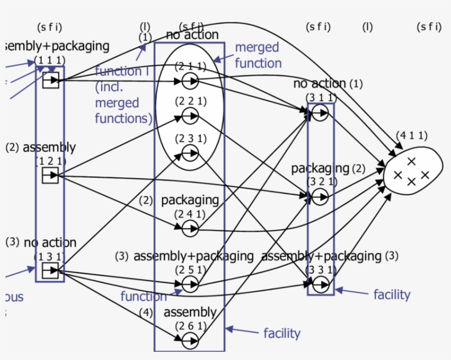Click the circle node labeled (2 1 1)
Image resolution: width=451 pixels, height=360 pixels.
pyautogui.click(x=190, y=81)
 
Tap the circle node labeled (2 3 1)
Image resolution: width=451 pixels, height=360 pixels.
pyautogui.click(x=190, y=154)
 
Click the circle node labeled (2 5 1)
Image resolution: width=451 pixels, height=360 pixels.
pyautogui.click(x=190, y=284)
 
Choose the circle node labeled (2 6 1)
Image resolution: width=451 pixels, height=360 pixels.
pyautogui.click(x=190, y=341)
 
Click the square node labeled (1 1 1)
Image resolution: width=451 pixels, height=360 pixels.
pyautogui.click(x=51, y=80)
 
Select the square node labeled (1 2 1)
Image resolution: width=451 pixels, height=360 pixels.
pyautogui.click(x=50, y=176)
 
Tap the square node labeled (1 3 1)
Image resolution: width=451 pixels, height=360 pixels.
pyautogui.click(x=50, y=270)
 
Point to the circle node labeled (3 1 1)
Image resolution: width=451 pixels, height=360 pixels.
pyautogui.click(x=321, y=113)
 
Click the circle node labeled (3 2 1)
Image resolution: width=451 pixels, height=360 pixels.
pyautogui.click(x=321, y=195)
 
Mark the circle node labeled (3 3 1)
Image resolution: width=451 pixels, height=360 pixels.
pyautogui.click(x=321, y=285)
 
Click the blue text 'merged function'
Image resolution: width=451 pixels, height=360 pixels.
pyautogui.click(x=257, y=55)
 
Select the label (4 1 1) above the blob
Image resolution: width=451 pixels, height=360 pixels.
pyautogui.click(x=411, y=135)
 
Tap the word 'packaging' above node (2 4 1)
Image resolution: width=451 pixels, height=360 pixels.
pyautogui.click(x=190, y=200)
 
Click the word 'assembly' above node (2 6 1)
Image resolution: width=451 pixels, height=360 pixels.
pyautogui.click(x=190, y=313)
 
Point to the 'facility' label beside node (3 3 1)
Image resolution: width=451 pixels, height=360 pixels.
pyautogui.click(x=392, y=294)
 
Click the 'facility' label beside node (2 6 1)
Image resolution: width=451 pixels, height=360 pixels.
pyautogui.click(x=282, y=333)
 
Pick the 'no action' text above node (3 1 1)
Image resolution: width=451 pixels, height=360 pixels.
pyautogui.click(x=320, y=84)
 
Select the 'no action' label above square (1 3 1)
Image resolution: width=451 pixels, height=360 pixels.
pyautogui.click(x=50, y=243)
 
